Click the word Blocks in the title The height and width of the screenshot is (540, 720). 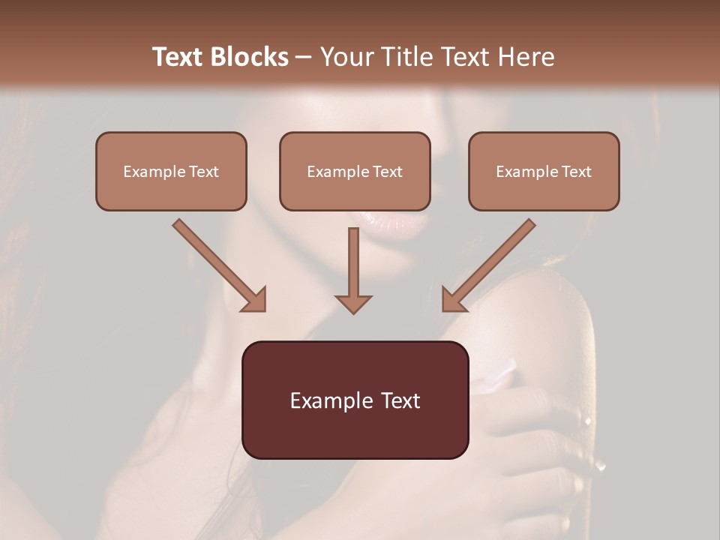click(x=250, y=57)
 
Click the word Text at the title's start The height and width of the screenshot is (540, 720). click(x=178, y=57)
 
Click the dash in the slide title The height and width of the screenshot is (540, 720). click(x=304, y=58)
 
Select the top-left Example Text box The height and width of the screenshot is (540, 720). click(x=171, y=171)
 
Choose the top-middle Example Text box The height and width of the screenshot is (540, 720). click(x=355, y=171)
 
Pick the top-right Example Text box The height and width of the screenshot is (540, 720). click(x=544, y=171)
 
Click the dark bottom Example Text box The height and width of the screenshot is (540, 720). click(x=355, y=400)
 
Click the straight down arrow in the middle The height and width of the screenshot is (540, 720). click(x=353, y=270)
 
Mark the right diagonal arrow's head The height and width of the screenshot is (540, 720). click(x=453, y=300)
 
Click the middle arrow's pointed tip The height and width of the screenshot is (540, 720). click(x=353, y=311)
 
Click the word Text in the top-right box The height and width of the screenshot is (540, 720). click(x=575, y=172)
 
